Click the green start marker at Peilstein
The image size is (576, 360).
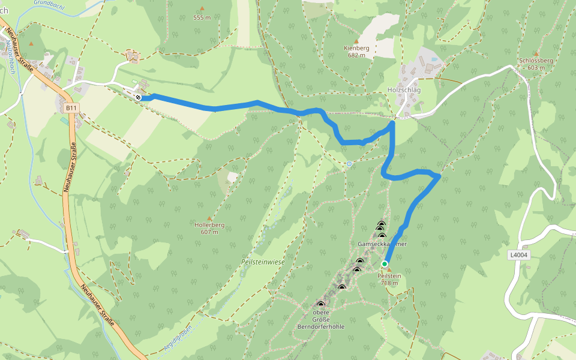click(385, 263)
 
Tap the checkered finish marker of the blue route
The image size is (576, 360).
click(139, 97)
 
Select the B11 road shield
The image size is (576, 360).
click(71, 108)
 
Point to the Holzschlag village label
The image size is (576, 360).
click(404, 89)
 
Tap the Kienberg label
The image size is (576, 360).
click(356, 47)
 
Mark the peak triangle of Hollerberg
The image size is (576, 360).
click(209, 218)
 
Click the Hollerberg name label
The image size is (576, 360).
click(209, 225)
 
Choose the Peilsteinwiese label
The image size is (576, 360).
click(262, 262)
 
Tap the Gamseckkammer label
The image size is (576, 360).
click(382, 244)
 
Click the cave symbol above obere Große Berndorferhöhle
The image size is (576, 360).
click(320, 304)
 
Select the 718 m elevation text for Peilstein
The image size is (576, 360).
click(389, 283)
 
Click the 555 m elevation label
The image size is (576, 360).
click(202, 17)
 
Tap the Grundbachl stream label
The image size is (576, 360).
click(50, 3)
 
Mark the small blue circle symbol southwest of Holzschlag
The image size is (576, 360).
click(349, 163)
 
